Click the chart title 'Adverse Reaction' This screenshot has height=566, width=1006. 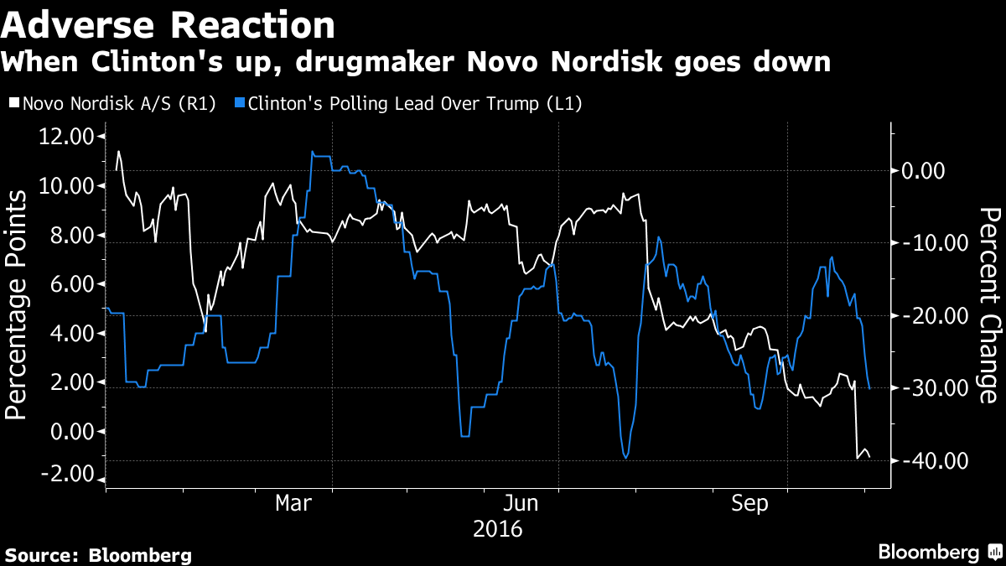pyautogui.click(x=168, y=25)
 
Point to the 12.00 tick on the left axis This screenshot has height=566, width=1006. pyautogui.click(x=66, y=136)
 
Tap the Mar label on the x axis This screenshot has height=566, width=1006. pyautogui.click(x=295, y=504)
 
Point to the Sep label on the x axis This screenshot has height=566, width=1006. pyautogui.click(x=749, y=504)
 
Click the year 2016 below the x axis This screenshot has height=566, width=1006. pyautogui.click(x=498, y=530)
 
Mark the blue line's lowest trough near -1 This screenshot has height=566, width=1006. pyautogui.click(x=625, y=457)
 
